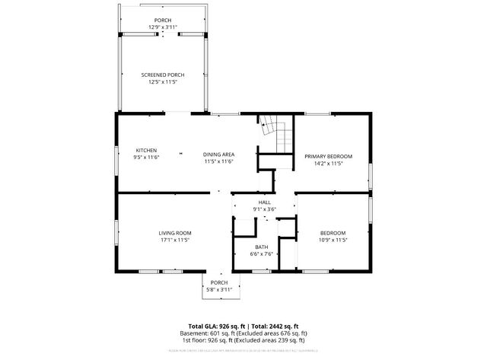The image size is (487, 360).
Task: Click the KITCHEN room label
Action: tap(146, 150)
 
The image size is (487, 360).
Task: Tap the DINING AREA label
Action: tap(218, 155)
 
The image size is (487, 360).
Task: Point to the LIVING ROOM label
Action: tap(174, 233)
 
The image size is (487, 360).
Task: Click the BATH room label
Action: tap(261, 247)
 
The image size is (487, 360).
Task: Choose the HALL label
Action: tap(264, 202)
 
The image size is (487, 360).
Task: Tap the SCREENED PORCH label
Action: tap(162, 75)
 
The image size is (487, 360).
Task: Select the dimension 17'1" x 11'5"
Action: tap(174, 240)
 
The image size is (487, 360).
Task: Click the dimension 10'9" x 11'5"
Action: tap(333, 240)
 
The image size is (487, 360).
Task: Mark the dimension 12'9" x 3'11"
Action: tap(162, 27)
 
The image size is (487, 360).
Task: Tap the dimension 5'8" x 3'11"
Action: tap(219, 289)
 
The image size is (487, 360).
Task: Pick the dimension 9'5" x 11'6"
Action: tap(146, 158)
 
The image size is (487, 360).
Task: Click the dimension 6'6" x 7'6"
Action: tap(261, 254)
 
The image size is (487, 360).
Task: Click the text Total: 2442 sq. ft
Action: tap(271, 326)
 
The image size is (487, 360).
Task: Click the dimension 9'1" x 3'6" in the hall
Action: tap(264, 209)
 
